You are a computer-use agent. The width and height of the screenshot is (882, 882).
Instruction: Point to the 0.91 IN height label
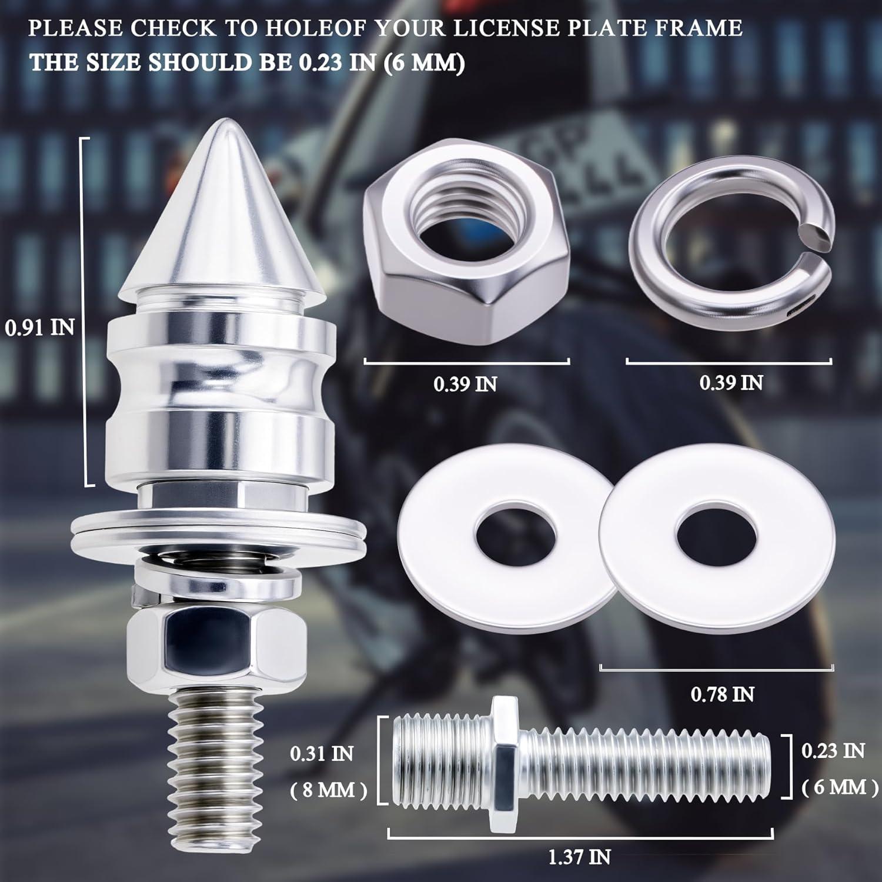coord(40,328)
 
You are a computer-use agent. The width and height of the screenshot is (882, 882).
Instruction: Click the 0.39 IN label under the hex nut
coord(465,384)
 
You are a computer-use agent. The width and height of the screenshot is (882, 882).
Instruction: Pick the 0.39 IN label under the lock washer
coord(731,383)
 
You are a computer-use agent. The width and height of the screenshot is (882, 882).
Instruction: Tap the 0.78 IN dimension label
coord(722,694)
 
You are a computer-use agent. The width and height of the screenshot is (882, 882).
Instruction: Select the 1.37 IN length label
coord(579,857)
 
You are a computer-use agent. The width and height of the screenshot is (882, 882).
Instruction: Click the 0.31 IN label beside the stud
coord(322,753)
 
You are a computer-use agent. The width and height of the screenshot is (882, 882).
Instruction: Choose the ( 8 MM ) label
coord(329,790)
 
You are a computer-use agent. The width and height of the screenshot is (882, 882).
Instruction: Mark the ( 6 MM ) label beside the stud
coord(840,787)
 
